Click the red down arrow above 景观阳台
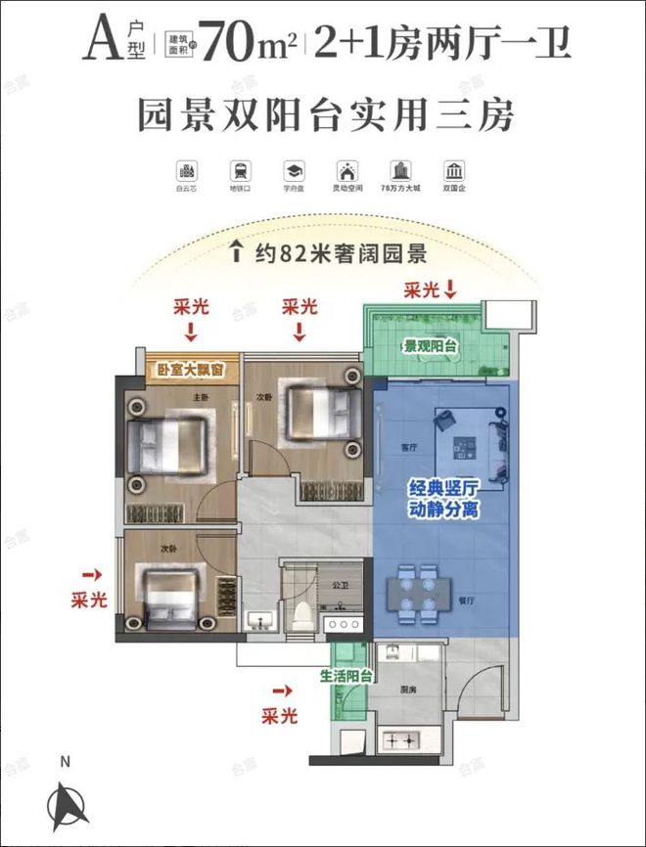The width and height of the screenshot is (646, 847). [x=451, y=290]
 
